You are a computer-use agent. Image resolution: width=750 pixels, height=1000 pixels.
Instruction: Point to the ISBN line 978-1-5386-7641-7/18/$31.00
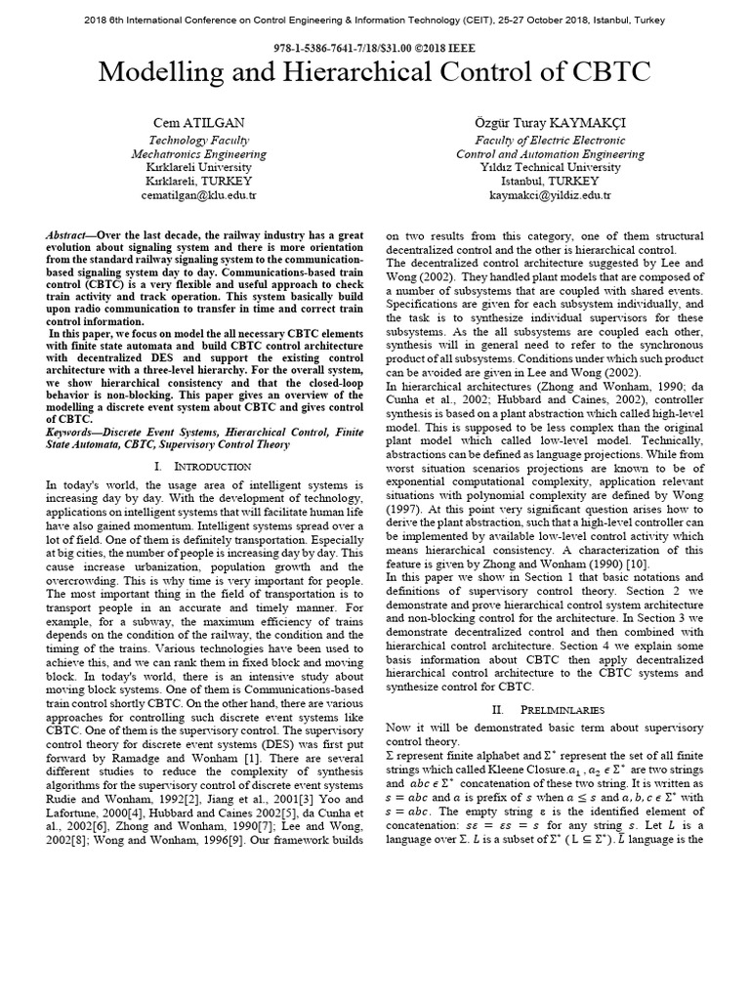[x=374, y=46]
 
